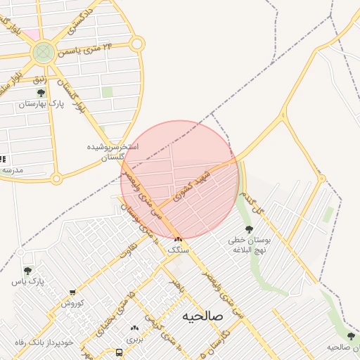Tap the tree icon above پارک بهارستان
(x=41, y=93)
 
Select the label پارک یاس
(x=28, y=281)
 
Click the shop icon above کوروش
(x=72, y=292)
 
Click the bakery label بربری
(x=134, y=338)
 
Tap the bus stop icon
(x=119, y=352)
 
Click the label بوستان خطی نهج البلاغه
(x=248, y=244)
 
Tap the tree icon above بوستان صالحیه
(x=351, y=337)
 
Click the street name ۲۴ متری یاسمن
(x=98, y=48)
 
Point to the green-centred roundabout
(x=44, y=51)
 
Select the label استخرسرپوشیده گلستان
(x=112, y=151)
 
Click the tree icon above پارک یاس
(x=27, y=271)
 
